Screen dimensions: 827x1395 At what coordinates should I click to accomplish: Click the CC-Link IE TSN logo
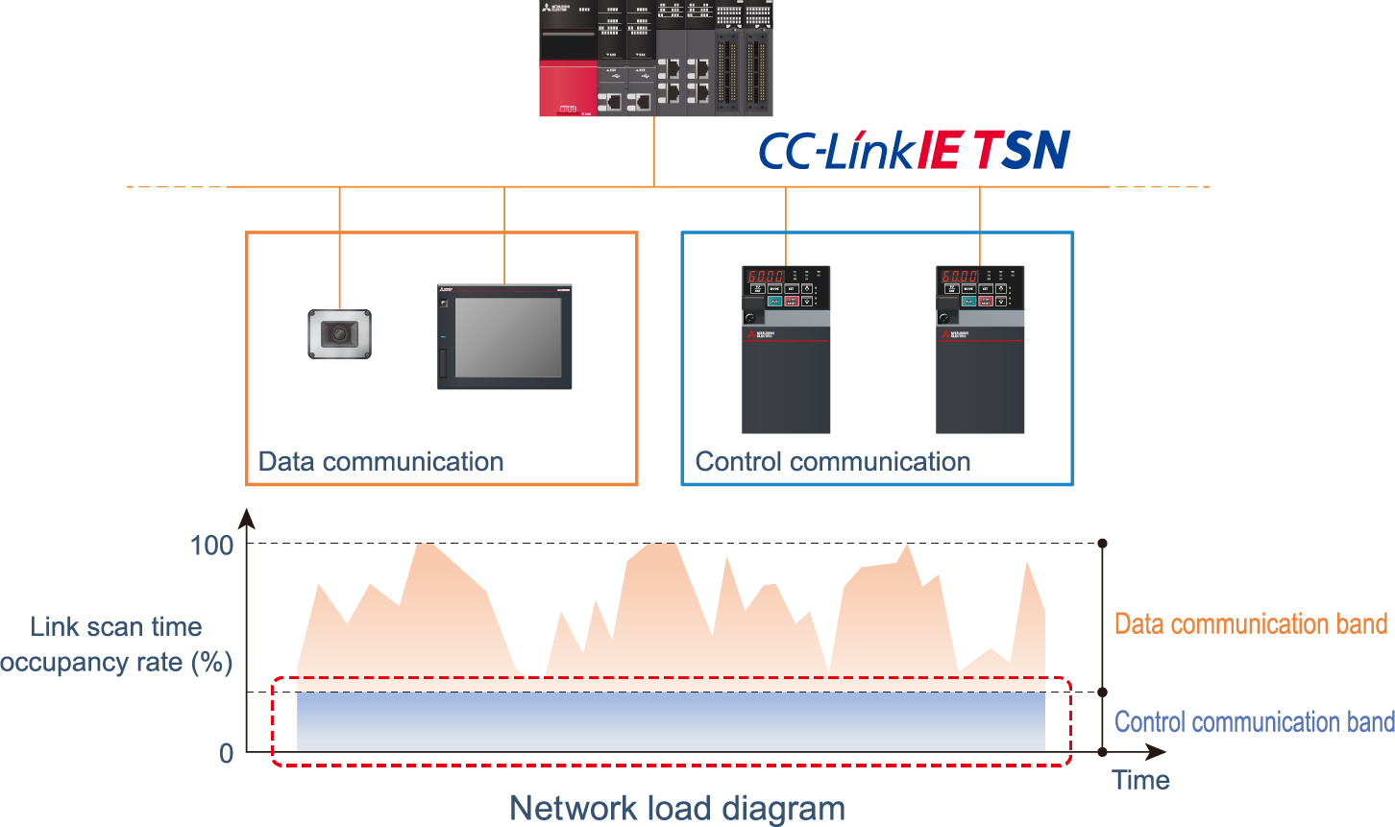coord(915,150)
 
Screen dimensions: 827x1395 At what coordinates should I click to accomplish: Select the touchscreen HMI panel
coord(505,337)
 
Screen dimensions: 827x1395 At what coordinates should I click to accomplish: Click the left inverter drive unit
coord(786,350)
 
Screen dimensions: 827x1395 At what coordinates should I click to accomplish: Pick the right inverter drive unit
coord(980,350)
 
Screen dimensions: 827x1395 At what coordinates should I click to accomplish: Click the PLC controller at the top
coord(655,58)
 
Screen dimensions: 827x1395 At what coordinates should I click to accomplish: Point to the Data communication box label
coord(380,462)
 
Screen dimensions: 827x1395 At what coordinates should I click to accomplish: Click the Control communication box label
coord(832,462)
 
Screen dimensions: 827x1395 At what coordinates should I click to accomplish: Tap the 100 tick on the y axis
coord(211,546)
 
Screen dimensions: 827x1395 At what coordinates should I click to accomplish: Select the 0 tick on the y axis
coord(226,753)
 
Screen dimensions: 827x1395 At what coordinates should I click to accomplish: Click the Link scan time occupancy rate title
coord(116,645)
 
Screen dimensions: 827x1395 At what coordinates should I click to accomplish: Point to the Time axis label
coord(1140,780)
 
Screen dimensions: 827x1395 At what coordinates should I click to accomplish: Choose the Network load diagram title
coord(677,809)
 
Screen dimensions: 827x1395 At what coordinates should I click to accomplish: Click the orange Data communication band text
coord(1250,624)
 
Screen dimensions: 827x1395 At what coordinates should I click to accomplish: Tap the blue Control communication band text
coord(1254,722)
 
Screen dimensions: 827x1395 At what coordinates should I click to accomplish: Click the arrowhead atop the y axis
coord(247,519)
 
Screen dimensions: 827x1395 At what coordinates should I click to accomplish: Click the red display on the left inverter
coord(767,276)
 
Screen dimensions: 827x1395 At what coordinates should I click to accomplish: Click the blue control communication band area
coord(671,722)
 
